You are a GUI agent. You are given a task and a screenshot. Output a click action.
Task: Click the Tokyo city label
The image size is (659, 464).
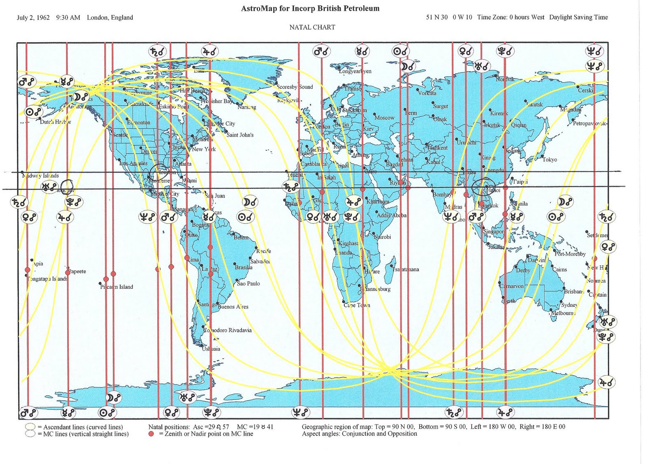549,160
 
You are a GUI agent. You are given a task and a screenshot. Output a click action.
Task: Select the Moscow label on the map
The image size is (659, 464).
384,118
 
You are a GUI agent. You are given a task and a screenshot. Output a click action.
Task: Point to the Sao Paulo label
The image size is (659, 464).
248,283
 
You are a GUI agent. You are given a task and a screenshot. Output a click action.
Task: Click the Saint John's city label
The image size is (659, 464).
240,135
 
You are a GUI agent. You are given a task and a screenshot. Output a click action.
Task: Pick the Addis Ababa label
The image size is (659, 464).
392,215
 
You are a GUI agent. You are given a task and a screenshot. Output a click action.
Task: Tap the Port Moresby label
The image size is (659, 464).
570,254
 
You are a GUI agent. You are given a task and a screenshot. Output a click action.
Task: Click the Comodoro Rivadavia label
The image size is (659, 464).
228,330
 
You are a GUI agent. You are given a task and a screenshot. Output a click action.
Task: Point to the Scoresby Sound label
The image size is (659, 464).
294,87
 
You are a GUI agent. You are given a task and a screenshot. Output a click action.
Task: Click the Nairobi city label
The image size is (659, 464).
382,237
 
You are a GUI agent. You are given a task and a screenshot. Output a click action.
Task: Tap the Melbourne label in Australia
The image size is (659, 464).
563,313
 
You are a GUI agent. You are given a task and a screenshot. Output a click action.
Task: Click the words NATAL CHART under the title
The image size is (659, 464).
312,27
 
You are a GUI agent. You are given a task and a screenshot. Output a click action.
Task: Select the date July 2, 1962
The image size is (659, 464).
33,17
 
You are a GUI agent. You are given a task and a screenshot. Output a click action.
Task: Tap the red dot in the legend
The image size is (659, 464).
151,434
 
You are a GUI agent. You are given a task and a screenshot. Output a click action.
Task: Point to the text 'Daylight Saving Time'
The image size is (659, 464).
578,17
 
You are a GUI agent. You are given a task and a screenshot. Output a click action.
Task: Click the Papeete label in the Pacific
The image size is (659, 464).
77,271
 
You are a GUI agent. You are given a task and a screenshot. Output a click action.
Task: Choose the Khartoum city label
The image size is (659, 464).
377,202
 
